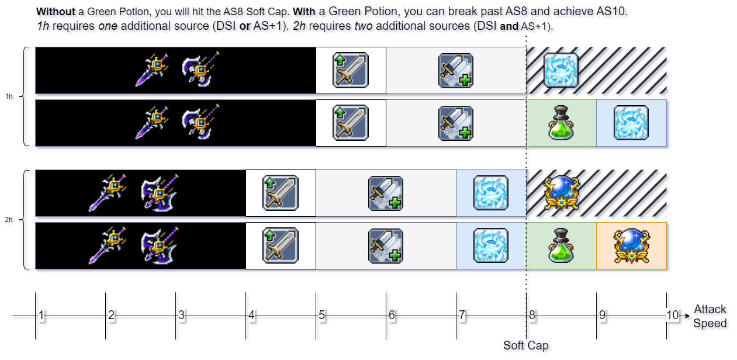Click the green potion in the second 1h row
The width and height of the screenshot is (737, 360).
pos(561,123)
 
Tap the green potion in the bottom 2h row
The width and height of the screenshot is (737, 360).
pos(561,245)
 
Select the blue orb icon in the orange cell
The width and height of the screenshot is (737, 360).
pos(631,245)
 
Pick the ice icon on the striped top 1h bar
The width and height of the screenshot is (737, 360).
pos(561,70)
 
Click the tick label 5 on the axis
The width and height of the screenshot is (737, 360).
pos(321,316)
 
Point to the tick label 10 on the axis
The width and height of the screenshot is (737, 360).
pos(672,316)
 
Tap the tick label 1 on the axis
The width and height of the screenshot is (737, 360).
pos(41,316)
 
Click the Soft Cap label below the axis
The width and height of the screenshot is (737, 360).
pos(526,345)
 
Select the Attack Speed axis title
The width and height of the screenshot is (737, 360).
pos(710,316)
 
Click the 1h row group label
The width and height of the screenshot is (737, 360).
pos(9,96)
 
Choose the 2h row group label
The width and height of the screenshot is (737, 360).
pos(9,220)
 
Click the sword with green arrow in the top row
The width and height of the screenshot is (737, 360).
pos(351,70)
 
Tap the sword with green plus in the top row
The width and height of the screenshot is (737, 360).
pos(456,70)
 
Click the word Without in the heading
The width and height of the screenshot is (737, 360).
pos(56,12)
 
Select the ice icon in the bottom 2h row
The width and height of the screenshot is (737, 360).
pos(491,245)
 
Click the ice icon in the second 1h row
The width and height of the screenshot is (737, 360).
pos(631,123)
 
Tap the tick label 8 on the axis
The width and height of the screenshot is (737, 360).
pos(532,316)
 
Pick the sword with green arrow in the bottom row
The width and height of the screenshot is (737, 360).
pos(281,245)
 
